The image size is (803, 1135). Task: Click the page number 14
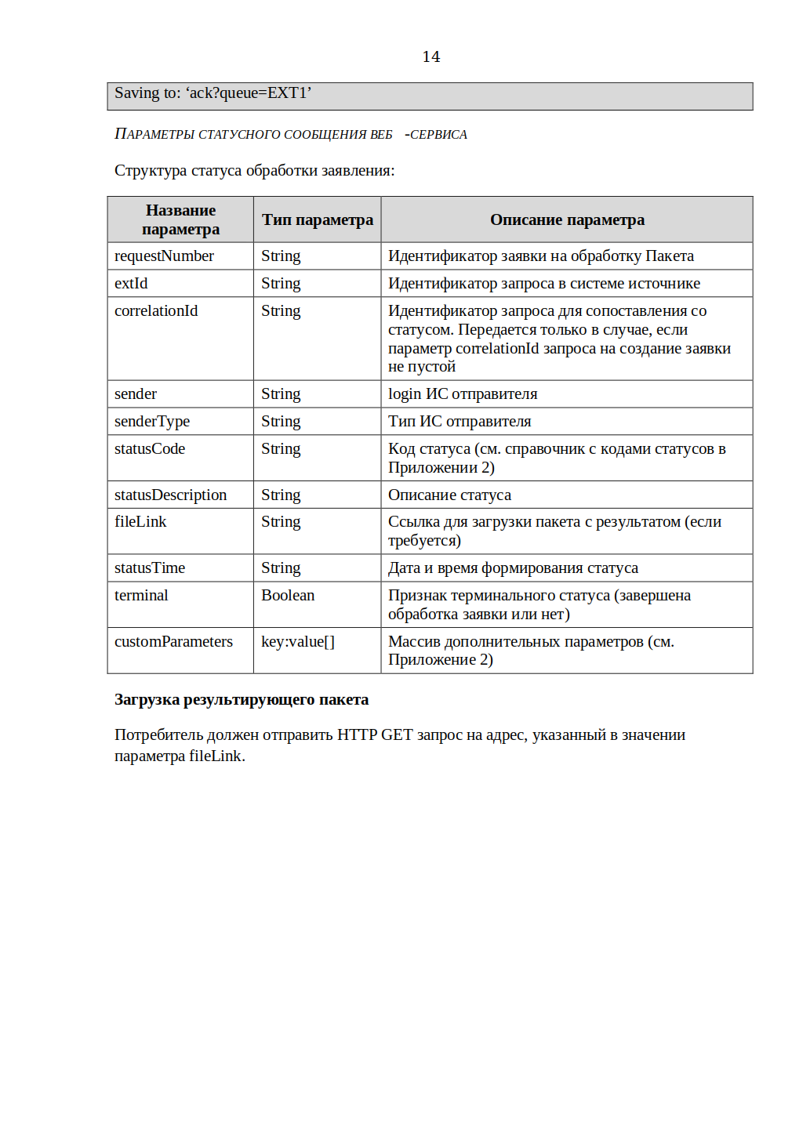[431, 56]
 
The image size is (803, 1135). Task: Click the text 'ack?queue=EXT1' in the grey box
[249, 93]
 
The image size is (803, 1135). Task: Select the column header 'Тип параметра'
[317, 220]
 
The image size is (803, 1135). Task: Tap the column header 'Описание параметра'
[567, 220]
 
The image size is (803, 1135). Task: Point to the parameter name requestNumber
[164, 256]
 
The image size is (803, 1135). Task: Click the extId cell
[131, 284]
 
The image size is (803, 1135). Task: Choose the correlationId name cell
[156, 311]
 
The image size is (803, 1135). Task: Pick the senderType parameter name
[152, 422]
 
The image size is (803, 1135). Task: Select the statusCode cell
[150, 449]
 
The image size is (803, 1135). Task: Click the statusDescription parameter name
[170, 495]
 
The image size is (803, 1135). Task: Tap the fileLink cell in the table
[140, 522]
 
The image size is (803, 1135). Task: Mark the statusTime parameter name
[150, 568]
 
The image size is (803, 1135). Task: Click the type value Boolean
[288, 596]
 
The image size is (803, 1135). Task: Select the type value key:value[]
[298, 642]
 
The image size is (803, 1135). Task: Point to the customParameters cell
[173, 642]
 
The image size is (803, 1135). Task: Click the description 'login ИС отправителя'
[463, 394]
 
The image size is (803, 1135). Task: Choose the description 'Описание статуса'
[449, 495]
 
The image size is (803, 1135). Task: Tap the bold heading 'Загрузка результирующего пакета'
[242, 700]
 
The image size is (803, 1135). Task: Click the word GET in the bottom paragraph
[397, 735]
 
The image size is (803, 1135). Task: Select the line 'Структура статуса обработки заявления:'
[255, 171]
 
